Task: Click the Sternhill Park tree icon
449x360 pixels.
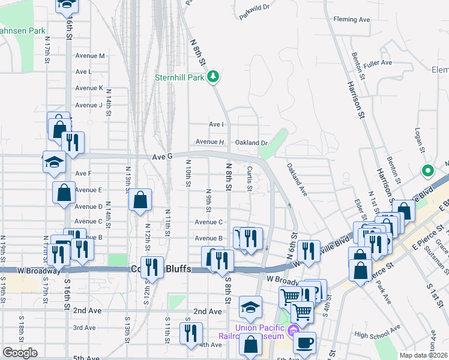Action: coord(212,77)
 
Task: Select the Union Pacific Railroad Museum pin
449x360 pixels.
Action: coord(292,330)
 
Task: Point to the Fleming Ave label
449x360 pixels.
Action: coord(352,20)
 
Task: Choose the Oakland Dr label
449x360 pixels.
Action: coord(251,143)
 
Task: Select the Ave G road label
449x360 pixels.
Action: coord(162,156)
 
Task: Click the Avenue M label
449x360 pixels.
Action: coord(90,56)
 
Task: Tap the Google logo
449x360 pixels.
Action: coord(19,353)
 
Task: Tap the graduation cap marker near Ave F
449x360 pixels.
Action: coord(54,163)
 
